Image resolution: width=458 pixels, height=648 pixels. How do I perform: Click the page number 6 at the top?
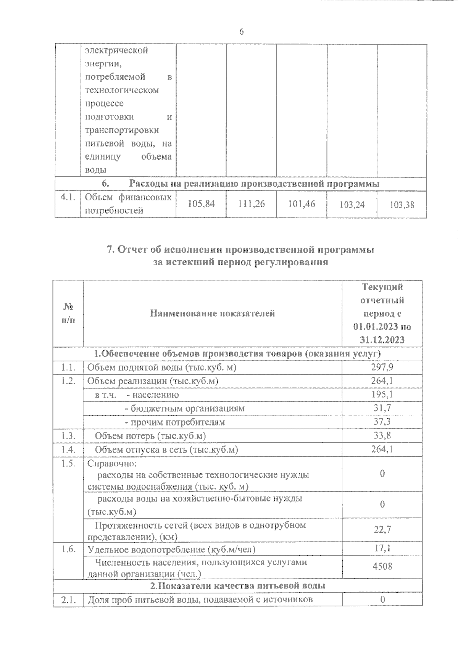[x=241, y=32]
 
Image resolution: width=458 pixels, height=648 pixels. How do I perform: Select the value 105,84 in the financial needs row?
[x=201, y=204]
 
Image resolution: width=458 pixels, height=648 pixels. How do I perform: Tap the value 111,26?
[x=251, y=204]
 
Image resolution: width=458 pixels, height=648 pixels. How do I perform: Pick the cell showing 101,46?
[x=302, y=204]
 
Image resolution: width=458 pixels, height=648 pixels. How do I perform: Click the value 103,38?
[x=402, y=205]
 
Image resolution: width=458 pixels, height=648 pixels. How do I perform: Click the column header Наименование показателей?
[x=212, y=314]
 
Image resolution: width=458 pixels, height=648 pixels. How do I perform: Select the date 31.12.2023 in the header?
[x=382, y=340]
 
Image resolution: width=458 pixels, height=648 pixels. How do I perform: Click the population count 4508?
[x=382, y=566]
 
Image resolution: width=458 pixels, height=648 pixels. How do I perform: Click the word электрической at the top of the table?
[x=116, y=50]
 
